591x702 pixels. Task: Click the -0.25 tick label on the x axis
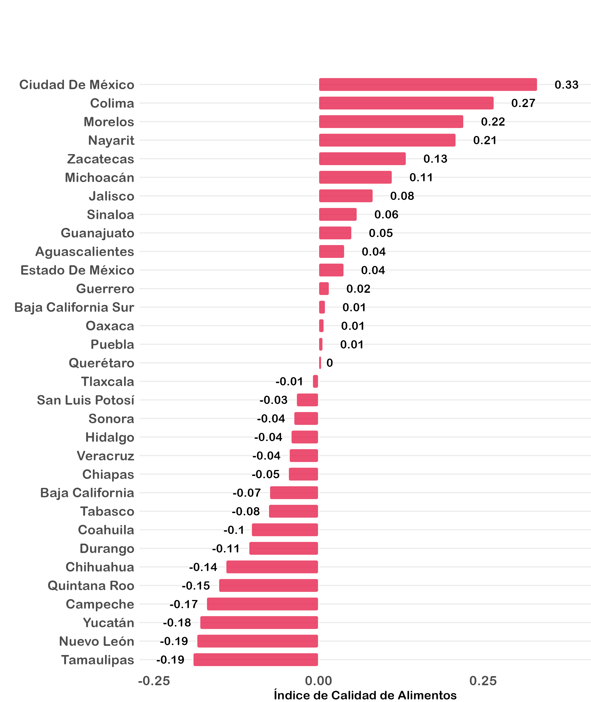(x=154, y=681)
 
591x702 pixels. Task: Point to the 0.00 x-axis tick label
(x=318, y=681)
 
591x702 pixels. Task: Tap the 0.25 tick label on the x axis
(x=483, y=681)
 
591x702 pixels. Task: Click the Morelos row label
(x=109, y=122)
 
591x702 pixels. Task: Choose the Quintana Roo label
(x=91, y=586)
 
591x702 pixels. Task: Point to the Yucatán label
(x=108, y=623)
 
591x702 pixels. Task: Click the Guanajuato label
(x=97, y=233)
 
